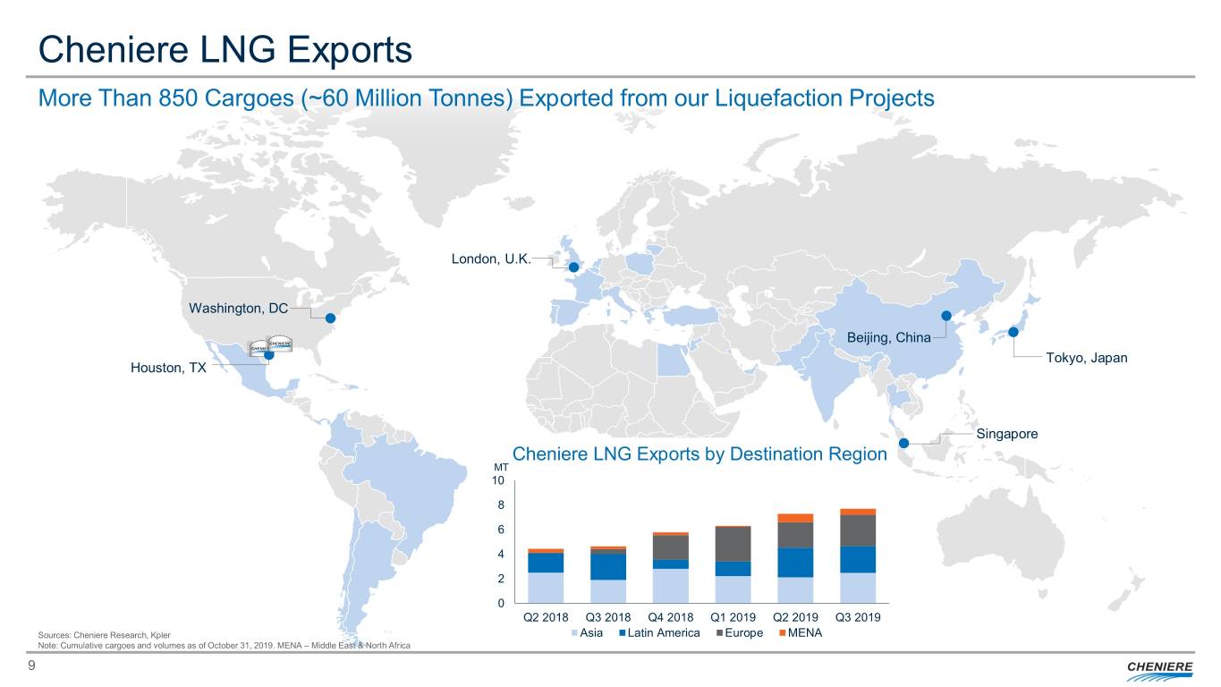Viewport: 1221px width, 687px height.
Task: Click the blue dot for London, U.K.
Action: pos(573,267)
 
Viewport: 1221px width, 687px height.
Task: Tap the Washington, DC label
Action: pos(238,309)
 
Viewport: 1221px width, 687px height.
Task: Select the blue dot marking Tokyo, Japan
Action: pos(1013,332)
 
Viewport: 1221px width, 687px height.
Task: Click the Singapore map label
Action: pos(1007,434)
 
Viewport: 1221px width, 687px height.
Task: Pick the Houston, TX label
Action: pos(168,368)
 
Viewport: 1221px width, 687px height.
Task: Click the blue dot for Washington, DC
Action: pos(329,318)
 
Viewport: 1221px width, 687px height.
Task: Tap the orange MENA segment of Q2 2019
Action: pos(795,518)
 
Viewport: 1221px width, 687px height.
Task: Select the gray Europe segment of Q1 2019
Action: pos(733,544)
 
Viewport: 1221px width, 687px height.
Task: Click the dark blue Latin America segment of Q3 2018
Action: pos(608,566)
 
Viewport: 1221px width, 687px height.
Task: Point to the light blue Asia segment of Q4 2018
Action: pos(671,586)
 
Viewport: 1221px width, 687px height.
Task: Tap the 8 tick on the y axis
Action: pos(500,505)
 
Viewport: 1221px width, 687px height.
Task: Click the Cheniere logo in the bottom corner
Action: pos(1157,669)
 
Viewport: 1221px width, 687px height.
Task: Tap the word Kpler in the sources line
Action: pos(161,634)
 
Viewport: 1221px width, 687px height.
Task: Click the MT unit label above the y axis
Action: pos(500,467)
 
